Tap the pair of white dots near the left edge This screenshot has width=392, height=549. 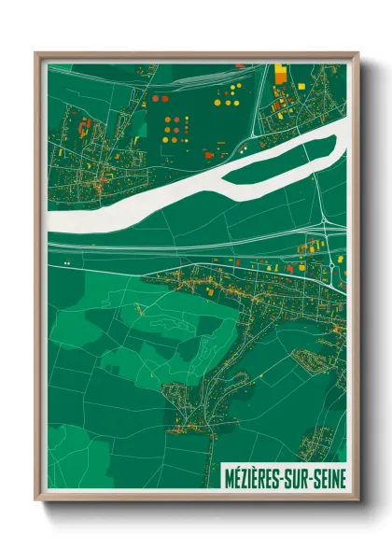tap(67, 264)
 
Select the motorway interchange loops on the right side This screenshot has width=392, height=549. tap(326, 223)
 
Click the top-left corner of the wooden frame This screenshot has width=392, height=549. tap(36, 53)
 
